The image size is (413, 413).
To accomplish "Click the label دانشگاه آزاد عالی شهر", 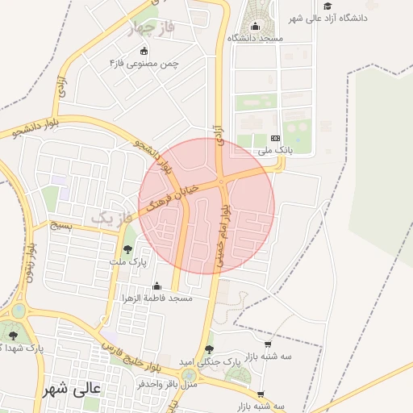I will pos(367,17).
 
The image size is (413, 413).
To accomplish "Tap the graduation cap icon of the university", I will pos(327,6).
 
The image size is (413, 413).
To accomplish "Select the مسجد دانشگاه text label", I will pos(255,38).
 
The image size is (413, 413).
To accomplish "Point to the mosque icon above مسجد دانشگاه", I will pos(256,26).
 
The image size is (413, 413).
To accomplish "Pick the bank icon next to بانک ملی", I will pos(274,139).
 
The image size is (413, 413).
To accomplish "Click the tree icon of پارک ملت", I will pos(127,249).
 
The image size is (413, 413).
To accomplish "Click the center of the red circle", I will pos(206,206).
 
